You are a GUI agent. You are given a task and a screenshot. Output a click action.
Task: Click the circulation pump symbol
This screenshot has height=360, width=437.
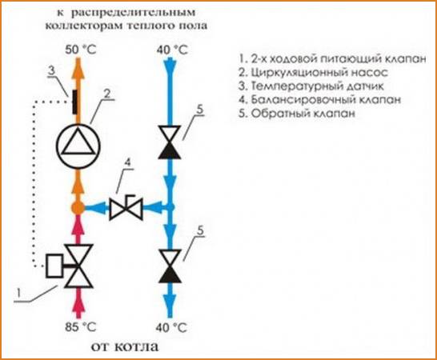pos(78,146)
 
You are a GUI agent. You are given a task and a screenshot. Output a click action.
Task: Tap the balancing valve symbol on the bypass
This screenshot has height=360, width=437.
pos(126,207)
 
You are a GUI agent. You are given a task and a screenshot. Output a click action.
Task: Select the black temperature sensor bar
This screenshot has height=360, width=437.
pos(74,102)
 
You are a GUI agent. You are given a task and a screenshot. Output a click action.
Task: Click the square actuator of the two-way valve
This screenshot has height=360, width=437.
pos(55,266)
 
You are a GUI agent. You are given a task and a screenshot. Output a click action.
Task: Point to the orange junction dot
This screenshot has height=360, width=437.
pos(78,207)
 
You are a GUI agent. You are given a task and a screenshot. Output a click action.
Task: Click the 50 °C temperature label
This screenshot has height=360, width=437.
pos(81,50)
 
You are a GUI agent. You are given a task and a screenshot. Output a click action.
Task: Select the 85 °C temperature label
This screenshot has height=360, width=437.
pos(81,327)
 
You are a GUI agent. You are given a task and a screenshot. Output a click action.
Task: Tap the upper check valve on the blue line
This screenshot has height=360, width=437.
pos(170,142)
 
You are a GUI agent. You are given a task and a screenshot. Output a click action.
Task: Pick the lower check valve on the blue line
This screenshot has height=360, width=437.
pos(170,266)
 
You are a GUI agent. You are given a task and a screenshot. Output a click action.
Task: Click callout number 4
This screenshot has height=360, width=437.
pos(127,162)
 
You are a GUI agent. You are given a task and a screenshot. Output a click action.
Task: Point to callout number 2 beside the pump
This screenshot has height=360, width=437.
pos(106,94)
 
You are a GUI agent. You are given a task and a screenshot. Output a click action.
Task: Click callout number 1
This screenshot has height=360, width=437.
pos(18,294)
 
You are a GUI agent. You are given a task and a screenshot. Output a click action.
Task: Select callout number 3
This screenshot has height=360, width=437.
pos(51,70)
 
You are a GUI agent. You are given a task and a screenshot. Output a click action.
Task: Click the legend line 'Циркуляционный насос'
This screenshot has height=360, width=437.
pos(313,73)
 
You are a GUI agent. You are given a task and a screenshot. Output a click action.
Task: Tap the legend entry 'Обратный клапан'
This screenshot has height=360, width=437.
pos(297,114)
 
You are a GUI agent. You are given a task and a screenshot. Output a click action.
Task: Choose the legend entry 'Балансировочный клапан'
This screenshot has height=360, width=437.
pos(320,100)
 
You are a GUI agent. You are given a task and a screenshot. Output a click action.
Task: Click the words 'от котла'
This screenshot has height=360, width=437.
pos(125,347)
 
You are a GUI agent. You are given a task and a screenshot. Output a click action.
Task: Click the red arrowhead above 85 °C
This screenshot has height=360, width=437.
pos(78,302)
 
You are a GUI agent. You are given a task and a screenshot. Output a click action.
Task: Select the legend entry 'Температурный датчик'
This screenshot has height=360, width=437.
pos(311,86)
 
